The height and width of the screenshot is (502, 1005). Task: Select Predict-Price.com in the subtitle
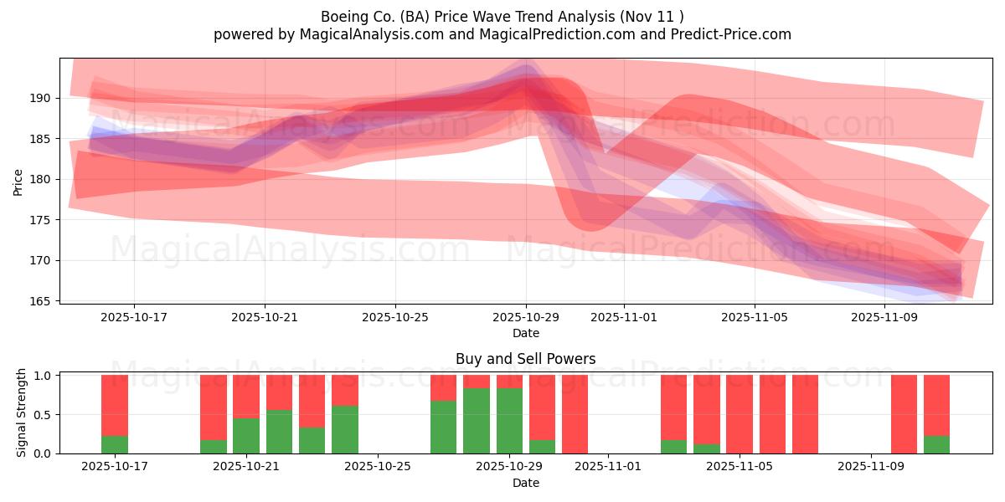click(729, 34)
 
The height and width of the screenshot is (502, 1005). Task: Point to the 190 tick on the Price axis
click(41, 98)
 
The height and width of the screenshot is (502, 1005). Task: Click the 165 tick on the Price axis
click(41, 301)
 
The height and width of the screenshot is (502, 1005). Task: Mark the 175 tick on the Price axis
click(41, 220)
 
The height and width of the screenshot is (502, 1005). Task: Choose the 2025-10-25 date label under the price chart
click(395, 317)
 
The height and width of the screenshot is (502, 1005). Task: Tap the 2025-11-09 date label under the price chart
click(884, 317)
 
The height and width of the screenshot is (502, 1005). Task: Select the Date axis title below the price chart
click(526, 333)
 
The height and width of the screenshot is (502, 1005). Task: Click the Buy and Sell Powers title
click(526, 359)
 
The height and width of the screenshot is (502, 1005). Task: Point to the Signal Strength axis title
click(22, 413)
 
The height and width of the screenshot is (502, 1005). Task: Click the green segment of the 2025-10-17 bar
click(115, 444)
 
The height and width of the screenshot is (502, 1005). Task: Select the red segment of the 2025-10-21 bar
click(246, 396)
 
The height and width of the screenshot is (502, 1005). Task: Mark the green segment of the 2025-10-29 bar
click(509, 421)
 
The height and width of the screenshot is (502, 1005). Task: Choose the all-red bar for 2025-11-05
click(740, 414)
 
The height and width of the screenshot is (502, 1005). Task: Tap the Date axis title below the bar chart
click(526, 483)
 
